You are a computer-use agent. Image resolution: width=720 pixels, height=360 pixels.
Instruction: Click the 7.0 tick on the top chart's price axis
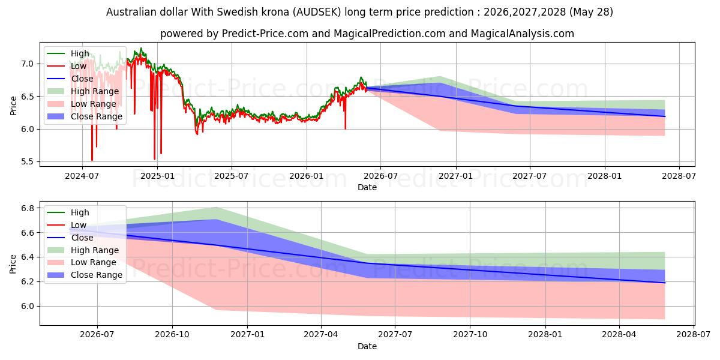27,64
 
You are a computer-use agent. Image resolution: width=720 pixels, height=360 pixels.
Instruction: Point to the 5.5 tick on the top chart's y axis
27,161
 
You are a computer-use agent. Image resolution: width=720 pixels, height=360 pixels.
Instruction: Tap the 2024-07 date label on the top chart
82,176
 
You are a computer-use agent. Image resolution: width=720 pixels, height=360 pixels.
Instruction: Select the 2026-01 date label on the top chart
307,176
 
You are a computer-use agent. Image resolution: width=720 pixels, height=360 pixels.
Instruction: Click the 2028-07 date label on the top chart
679,176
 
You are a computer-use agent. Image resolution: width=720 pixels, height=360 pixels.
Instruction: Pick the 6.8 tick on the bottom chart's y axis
27,208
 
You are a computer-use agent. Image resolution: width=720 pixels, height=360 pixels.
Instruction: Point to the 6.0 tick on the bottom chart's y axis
27,307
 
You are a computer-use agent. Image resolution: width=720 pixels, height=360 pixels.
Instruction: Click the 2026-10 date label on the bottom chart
172,335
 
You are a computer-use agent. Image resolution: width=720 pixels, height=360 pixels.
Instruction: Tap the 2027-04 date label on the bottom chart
321,335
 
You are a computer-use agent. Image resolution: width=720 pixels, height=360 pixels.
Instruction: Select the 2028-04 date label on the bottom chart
619,335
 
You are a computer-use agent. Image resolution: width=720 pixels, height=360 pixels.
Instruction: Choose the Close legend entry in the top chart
70,79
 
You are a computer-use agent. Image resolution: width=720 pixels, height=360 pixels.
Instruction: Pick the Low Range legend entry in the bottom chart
82,263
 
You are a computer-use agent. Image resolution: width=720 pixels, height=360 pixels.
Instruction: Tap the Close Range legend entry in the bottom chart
85,275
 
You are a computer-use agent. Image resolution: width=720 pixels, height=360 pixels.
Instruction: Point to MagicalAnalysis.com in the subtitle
523,34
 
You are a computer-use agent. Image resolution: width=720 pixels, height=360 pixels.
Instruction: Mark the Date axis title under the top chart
367,187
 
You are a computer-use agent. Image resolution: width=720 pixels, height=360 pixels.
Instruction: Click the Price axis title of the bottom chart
13,264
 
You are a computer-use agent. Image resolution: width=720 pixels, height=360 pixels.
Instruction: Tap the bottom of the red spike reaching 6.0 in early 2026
345,129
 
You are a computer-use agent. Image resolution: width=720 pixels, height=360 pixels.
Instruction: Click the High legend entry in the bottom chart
68,212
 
